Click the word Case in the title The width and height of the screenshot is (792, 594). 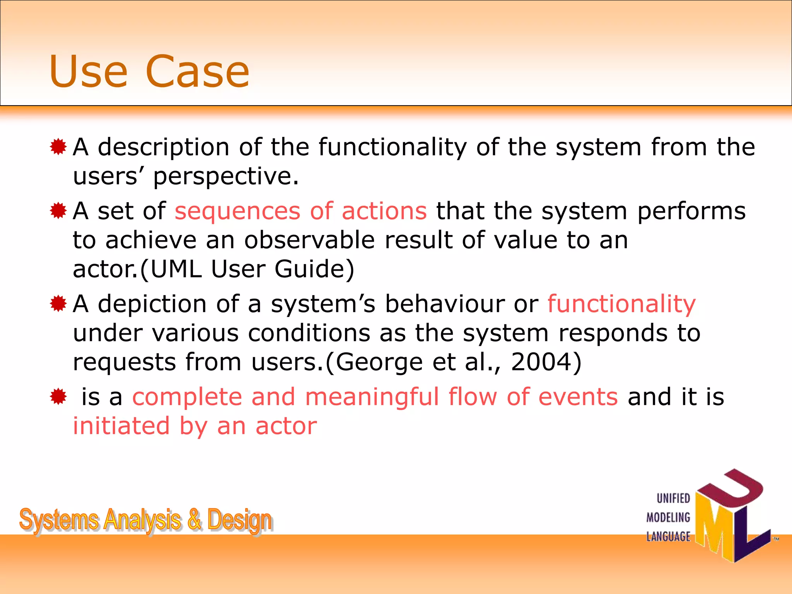198,72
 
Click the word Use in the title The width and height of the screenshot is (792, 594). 88,72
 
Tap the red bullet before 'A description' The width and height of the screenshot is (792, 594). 58,147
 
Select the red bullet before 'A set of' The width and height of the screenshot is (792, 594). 58,211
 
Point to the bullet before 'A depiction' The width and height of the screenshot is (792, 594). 58,304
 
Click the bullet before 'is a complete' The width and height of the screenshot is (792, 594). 58,396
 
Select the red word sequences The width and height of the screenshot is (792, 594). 237,212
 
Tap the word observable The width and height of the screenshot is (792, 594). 309,240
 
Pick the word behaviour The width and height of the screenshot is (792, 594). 444,304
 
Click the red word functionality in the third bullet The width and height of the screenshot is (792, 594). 621,304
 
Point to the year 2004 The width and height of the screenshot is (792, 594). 541,362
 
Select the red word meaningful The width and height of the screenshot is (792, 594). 372,398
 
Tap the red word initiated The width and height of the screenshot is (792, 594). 121,426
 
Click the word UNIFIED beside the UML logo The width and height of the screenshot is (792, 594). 673,498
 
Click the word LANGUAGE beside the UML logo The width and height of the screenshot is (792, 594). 668,536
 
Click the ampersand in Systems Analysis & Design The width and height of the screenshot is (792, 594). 195,520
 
